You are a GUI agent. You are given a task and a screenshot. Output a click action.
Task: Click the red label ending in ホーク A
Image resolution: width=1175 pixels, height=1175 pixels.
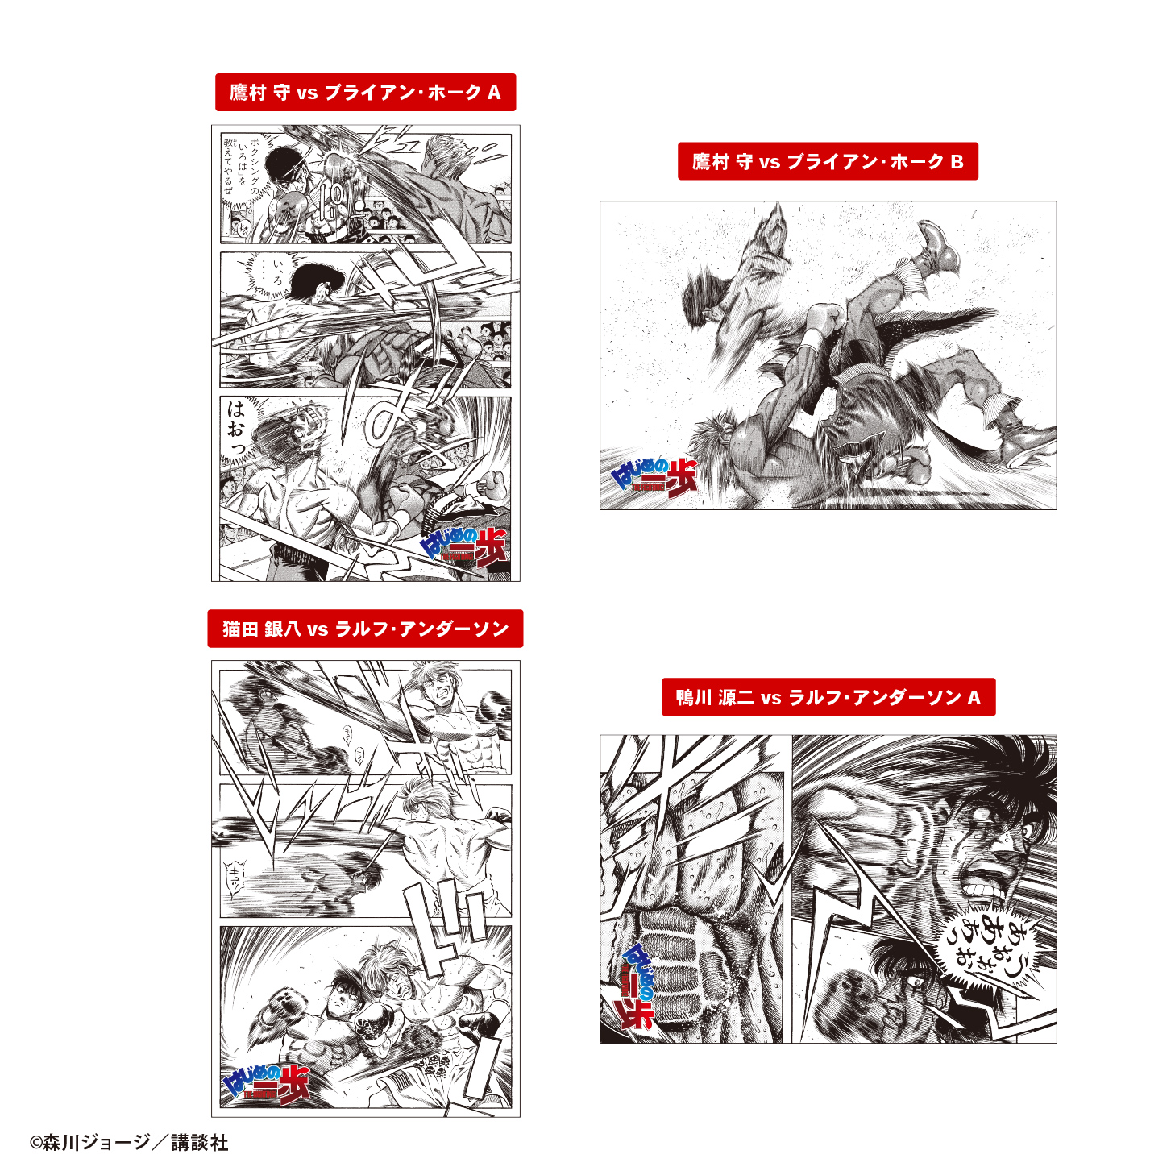[365, 93]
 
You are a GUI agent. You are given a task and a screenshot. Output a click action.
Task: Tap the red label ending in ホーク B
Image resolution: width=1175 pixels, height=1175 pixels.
[828, 161]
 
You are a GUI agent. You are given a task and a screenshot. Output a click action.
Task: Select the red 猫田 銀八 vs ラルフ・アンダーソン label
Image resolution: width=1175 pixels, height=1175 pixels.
[365, 629]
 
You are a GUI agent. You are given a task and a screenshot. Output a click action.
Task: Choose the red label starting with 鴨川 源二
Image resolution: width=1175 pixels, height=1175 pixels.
[828, 697]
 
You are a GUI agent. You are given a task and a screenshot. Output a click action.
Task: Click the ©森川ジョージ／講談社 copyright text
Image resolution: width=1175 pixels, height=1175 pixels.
[129, 1142]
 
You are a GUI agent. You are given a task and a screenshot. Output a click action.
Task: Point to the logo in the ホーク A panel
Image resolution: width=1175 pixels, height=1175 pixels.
[465, 548]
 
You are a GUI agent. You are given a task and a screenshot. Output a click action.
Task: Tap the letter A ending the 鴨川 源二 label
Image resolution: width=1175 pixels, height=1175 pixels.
[974, 697]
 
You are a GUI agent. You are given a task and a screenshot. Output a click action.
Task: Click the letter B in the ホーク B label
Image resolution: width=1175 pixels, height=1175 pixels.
[957, 161]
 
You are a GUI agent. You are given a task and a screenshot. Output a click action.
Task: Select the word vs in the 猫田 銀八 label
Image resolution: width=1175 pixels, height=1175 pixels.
[318, 629]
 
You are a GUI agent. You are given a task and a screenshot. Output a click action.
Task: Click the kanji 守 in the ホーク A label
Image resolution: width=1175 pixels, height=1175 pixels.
[281, 93]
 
